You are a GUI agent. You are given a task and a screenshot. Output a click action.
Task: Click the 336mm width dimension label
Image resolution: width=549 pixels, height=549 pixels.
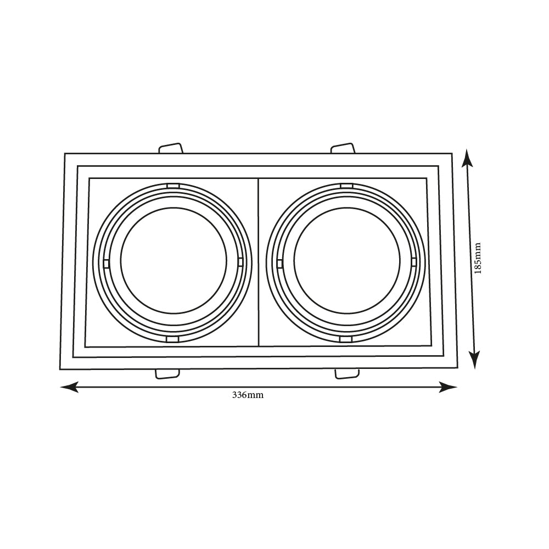[x=248, y=395]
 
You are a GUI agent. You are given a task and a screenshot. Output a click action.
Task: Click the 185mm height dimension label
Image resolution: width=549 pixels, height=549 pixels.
[x=477, y=258]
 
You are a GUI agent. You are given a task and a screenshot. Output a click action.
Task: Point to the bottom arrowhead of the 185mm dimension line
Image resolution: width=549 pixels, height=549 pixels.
[x=475, y=360]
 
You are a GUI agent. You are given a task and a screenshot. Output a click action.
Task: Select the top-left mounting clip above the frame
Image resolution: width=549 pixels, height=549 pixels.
[x=170, y=148]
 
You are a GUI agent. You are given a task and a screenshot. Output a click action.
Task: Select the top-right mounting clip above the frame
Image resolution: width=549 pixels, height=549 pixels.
[x=343, y=148]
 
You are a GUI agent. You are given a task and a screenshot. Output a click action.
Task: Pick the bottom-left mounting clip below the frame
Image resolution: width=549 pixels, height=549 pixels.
[x=167, y=373]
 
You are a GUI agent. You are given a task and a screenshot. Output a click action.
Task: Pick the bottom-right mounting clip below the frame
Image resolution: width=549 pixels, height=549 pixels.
[x=347, y=373]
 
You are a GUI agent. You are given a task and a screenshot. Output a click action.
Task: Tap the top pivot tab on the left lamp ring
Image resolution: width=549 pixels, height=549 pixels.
[x=173, y=186]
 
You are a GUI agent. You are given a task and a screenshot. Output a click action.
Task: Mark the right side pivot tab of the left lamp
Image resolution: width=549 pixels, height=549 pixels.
[x=240, y=262]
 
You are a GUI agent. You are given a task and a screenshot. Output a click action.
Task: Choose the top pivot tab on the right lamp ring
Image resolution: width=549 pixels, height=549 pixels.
[x=346, y=186]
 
